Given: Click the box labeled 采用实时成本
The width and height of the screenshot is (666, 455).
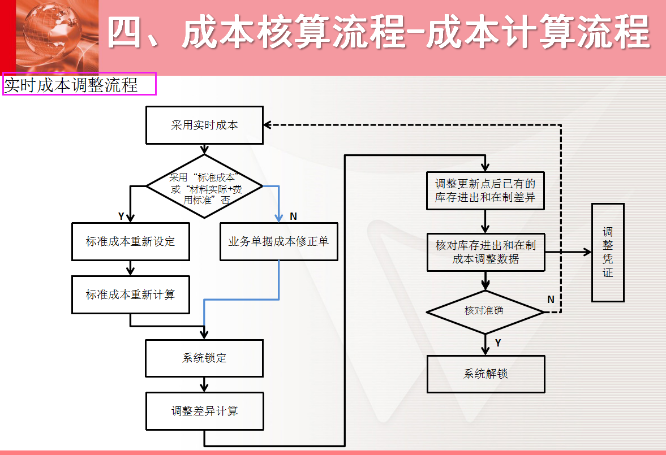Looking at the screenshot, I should pyautogui.click(x=204, y=125).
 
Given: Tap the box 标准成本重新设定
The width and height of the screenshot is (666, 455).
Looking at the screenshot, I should pyautogui.click(x=130, y=242).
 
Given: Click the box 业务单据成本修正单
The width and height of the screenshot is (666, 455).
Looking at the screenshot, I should pyautogui.click(x=278, y=242).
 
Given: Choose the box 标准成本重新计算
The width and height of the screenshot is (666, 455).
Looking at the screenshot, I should pyautogui.click(x=130, y=294).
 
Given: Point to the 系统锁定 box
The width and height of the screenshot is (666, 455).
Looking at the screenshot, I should pyautogui.click(x=204, y=358).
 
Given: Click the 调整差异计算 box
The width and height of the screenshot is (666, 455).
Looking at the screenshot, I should pyautogui.click(x=204, y=411).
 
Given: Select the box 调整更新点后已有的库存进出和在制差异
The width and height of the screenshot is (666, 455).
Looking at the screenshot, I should pyautogui.click(x=485, y=190).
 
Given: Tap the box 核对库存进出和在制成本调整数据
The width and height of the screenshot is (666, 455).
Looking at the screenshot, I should pyautogui.click(x=485, y=252).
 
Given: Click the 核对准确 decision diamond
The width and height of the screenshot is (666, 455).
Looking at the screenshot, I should pyautogui.click(x=484, y=311).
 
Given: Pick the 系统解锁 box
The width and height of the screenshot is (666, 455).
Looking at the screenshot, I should pyautogui.click(x=485, y=374).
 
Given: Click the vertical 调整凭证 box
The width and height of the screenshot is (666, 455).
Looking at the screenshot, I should pyautogui.click(x=608, y=253).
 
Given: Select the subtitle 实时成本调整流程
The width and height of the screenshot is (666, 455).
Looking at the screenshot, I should pyautogui.click(x=71, y=85).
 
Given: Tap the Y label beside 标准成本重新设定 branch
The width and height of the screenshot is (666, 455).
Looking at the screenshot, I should pyautogui.click(x=121, y=216).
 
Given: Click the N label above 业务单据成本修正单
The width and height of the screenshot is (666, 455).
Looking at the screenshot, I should pyautogui.click(x=293, y=216).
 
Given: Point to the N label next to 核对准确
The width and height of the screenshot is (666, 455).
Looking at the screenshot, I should pyautogui.click(x=551, y=300).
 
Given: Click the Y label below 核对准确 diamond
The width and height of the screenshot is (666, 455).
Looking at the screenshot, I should pyautogui.click(x=498, y=343).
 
